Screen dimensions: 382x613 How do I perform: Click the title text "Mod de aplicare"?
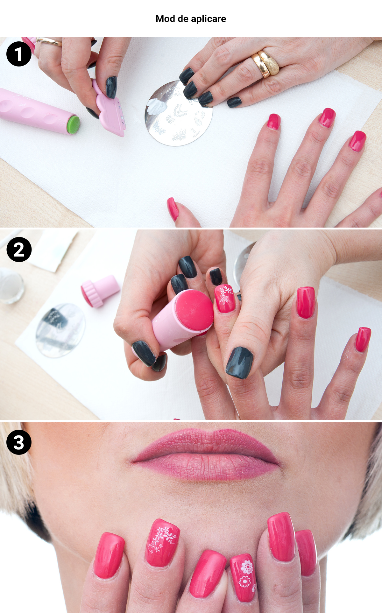[191, 19]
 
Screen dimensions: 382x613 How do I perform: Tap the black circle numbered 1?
[19, 54]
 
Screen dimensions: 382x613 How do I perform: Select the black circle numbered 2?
[19, 250]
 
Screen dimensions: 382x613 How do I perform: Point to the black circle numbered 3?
[19, 442]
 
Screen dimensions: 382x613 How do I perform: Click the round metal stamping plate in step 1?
[179, 114]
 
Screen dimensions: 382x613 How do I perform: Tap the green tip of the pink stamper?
[74, 125]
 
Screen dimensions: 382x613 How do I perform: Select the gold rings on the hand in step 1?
[265, 63]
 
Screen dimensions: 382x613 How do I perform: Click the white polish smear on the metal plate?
[156, 107]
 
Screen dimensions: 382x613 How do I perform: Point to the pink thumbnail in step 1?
[173, 209]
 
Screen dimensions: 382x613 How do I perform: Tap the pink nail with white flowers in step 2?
[225, 298]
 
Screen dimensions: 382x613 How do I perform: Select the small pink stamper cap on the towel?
[100, 291]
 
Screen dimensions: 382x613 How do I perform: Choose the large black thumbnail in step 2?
[239, 363]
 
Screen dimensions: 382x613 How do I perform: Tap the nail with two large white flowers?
[244, 577]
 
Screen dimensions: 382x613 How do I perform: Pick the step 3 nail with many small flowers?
[162, 542]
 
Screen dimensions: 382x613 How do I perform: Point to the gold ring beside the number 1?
[49, 41]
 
